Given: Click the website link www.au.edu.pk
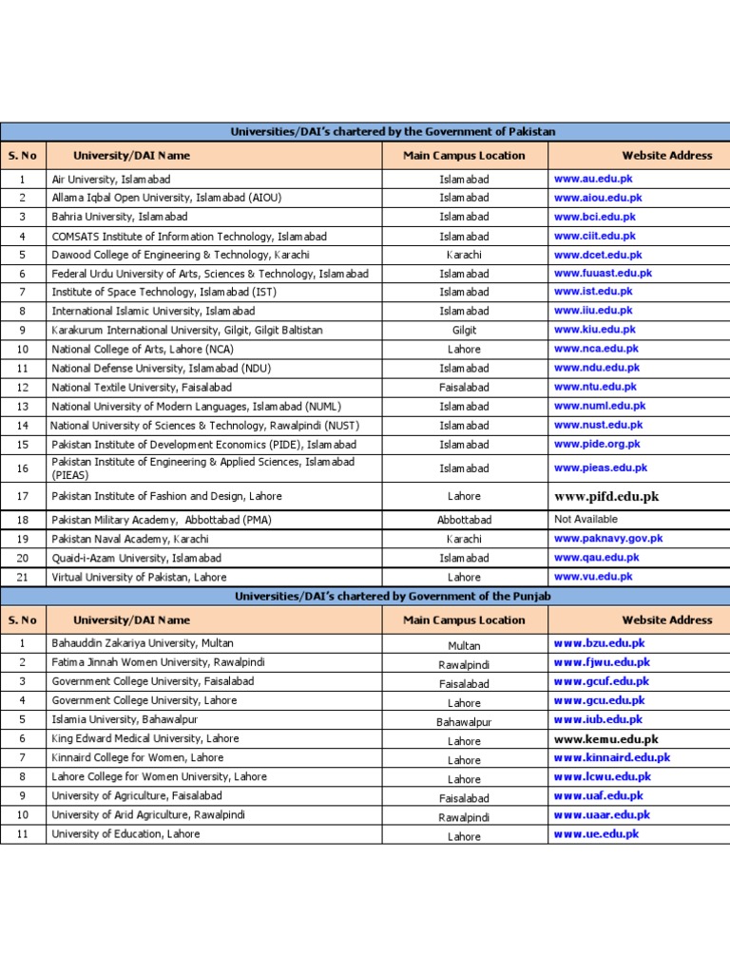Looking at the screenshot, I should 593,178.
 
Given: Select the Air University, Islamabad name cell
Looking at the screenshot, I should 112,179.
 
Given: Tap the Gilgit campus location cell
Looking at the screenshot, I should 465,331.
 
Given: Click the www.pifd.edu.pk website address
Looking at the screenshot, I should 606,496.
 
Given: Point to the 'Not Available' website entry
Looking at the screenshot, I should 586,520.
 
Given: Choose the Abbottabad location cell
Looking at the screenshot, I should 465,521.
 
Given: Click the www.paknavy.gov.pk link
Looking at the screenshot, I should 608,539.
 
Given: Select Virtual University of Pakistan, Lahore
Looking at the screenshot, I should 139,577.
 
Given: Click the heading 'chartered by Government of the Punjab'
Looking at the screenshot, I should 393,596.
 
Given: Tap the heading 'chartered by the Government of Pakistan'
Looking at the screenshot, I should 393,132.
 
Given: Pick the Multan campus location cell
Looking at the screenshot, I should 465,645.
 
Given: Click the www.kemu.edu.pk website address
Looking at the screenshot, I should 605,739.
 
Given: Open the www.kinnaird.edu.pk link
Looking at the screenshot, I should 612,758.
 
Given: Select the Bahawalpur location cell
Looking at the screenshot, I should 465,722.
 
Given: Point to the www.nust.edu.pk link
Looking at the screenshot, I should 598,425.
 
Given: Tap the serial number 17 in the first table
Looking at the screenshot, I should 23,496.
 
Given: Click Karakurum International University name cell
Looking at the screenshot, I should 187,331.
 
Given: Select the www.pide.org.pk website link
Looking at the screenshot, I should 597,444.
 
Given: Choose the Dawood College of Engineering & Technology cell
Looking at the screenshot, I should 181,255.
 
